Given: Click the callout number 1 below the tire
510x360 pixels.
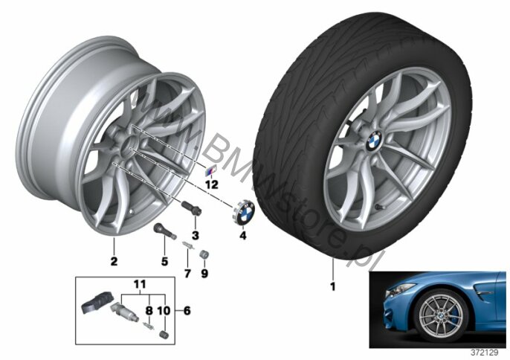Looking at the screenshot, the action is coord(332,287).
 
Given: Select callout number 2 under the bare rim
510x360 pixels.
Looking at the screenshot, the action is coord(114,261).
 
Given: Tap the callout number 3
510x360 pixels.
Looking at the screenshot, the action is coord(195,235).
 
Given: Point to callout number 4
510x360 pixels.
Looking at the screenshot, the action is coord(242,235).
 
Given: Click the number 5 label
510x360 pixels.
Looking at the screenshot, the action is coord(164,261).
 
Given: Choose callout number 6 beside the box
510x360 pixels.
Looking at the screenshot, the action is coord(187,311).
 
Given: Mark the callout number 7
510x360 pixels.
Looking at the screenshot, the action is coord(187,274).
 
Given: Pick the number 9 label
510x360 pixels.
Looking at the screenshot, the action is coord(204,274).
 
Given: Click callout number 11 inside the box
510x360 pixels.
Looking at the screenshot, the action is coord(140,284).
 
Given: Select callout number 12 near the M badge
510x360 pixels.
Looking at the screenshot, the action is coord(211,185).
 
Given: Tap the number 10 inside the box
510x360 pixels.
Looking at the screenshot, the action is coord(164,311).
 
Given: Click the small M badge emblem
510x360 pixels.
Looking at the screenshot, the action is coord(210,170).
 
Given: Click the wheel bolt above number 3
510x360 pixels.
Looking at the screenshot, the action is coord(192,208).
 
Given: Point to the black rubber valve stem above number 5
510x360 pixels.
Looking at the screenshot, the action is coord(165,231).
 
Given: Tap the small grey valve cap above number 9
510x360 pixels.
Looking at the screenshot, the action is coord(204,254).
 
